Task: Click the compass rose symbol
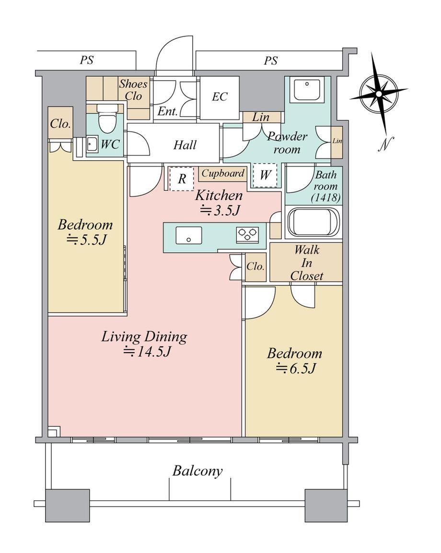[379, 94]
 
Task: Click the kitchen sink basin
[189, 235]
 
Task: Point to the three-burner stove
[248, 235]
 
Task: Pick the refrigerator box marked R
[182, 179]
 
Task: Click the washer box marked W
[265, 175]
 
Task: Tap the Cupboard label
[223, 173]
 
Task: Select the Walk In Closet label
[307, 263]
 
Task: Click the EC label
[220, 96]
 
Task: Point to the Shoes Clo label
[133, 90]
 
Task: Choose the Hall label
[185, 144]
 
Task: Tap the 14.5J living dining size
[147, 352]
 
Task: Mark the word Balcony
[197, 471]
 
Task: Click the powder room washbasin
[307, 90]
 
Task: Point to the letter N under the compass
[386, 144]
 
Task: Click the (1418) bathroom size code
[326, 198]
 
